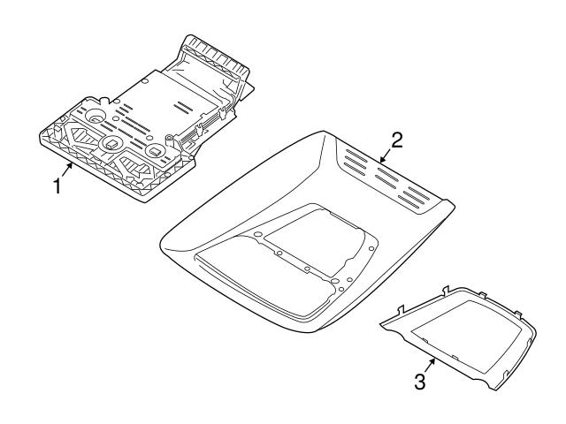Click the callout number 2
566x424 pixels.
[x=398, y=140]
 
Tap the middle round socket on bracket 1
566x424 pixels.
[x=111, y=143]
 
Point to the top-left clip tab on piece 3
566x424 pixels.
[x=402, y=308]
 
